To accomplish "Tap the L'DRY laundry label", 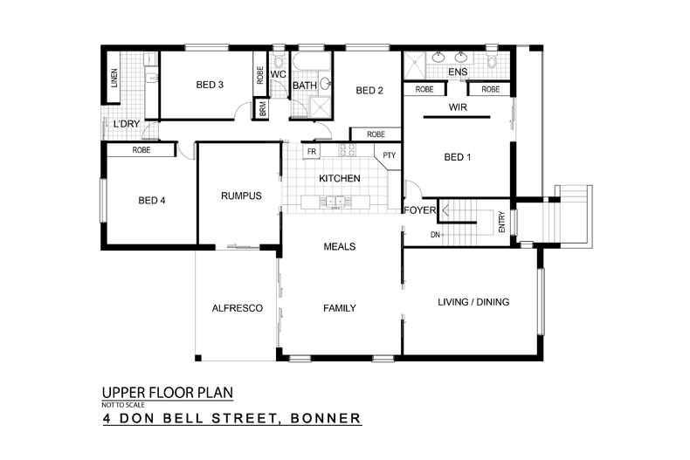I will (x=127, y=125).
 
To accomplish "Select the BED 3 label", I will (x=210, y=85).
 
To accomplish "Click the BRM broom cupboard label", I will (x=262, y=109).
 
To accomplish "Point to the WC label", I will (x=279, y=75).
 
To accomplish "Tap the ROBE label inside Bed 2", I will (x=376, y=134).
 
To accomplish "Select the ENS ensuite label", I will (x=458, y=72).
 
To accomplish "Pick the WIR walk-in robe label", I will (x=459, y=107).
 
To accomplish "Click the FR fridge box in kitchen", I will (x=311, y=152).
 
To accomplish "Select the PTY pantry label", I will (x=388, y=156).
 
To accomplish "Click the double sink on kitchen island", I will (x=335, y=203).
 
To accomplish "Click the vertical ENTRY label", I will (x=501, y=223).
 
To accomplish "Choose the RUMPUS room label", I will (x=241, y=196).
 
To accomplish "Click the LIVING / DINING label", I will (x=473, y=302).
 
